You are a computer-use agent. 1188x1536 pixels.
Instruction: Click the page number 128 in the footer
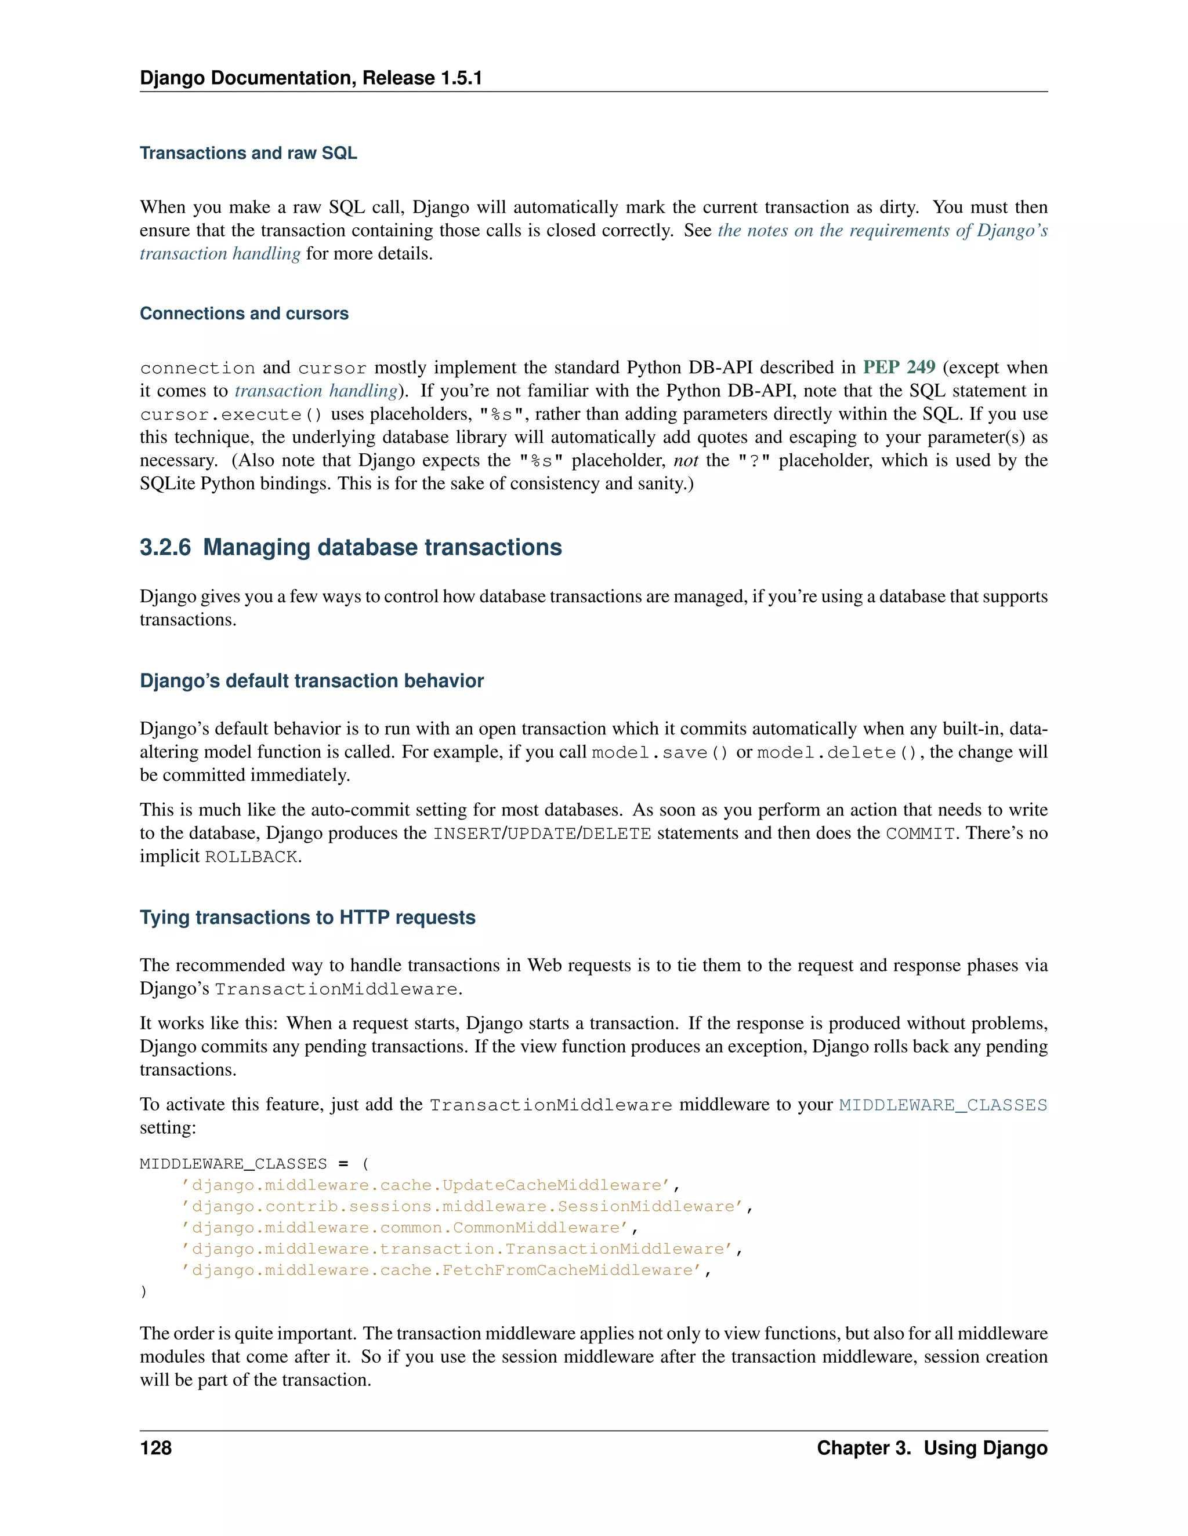(155, 1448)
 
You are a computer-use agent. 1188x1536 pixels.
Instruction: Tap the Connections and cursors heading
(244, 313)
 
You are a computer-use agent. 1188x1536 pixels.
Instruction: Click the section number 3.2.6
(165, 547)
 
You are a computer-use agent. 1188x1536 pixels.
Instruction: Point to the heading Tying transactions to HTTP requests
(307, 917)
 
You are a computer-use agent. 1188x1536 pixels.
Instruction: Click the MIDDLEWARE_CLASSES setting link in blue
(943, 1105)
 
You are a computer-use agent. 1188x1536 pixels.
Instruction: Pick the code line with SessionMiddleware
(466, 1206)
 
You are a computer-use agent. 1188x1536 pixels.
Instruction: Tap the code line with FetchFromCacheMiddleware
(445, 1270)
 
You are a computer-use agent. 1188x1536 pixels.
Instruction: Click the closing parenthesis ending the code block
(144, 1291)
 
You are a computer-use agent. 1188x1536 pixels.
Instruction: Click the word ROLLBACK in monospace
(251, 857)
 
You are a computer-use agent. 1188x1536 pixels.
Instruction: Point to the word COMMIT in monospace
(920, 834)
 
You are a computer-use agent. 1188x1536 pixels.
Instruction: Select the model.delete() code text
(837, 752)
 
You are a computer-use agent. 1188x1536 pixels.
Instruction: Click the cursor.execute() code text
(231, 415)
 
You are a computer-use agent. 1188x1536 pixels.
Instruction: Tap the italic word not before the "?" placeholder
(686, 461)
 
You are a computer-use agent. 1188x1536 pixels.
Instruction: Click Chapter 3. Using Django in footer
(932, 1448)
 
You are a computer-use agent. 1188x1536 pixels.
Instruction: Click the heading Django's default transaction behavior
(312, 681)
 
